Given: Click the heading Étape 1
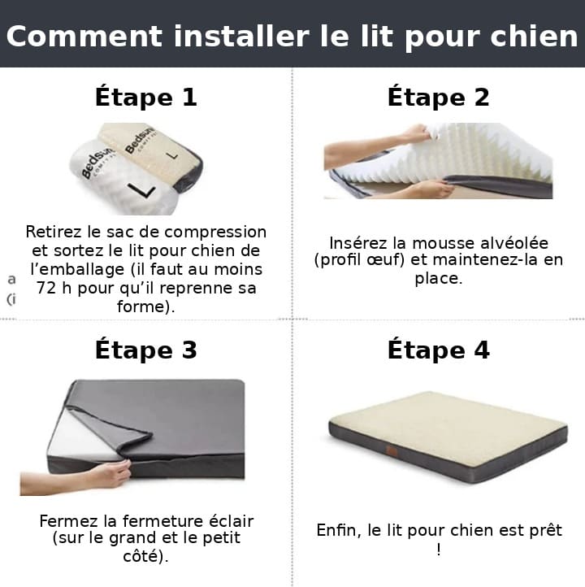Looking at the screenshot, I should click(146, 98).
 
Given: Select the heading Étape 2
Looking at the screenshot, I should click(439, 98).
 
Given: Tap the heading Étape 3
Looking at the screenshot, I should click(146, 350).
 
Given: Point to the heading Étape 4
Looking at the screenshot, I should click(439, 350).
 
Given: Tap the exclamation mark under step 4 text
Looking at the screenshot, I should click(439, 550).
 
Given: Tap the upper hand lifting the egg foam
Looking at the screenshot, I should click(415, 133).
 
